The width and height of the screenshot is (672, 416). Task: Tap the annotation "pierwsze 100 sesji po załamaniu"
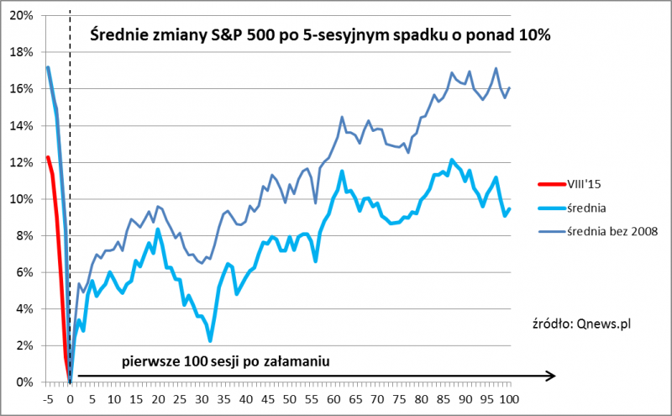point(224,361)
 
